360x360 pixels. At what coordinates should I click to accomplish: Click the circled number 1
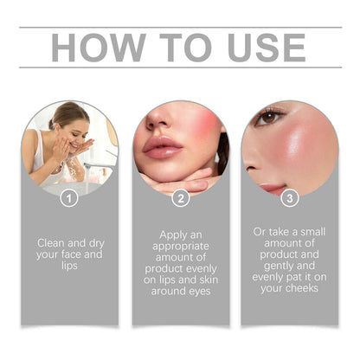69,197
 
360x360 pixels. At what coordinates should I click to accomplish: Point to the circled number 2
180,197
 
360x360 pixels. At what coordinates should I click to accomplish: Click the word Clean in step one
53,243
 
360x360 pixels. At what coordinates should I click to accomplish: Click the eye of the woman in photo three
270,116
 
